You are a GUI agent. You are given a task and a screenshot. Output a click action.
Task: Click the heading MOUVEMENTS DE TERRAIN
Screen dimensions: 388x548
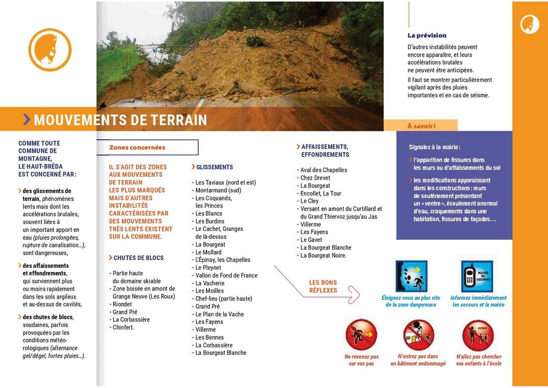coord(120,120)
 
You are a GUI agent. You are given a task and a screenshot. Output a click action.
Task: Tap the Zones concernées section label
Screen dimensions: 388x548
coord(137,147)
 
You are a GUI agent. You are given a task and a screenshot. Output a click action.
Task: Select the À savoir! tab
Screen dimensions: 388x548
coord(421,126)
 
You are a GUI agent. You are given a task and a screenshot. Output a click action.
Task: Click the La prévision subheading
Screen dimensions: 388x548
coord(427,35)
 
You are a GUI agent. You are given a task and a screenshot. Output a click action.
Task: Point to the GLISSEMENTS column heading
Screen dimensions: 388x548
coord(214,167)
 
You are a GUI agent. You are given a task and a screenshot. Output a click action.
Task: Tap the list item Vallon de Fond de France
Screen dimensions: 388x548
coord(226,275)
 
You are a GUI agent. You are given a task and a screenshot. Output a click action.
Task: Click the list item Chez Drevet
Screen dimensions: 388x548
coord(315,178)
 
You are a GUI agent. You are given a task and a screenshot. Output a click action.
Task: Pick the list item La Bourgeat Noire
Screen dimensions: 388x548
coord(323,256)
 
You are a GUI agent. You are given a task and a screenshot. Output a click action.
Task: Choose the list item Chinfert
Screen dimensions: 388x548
coord(123,327)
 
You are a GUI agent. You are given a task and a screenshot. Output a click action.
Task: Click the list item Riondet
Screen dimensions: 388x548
coord(122,304)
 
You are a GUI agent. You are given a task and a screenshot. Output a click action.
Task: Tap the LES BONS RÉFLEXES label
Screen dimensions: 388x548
coord(323,286)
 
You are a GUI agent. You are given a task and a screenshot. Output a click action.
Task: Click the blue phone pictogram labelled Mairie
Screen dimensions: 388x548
coord(477,277)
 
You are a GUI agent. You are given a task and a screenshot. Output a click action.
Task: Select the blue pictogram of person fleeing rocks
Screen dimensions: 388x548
coord(411,277)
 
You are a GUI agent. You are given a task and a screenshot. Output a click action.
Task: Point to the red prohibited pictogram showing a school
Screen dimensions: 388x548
coord(478,335)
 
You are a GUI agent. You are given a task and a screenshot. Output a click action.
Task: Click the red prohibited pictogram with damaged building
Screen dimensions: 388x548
coord(418,335)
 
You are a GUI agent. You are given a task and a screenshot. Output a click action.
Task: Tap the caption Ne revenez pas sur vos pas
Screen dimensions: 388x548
coord(361,360)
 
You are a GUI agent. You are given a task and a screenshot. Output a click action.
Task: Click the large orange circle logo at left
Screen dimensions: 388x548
coord(50,50)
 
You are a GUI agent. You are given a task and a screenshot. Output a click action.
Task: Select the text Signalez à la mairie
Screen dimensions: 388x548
coord(434,147)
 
